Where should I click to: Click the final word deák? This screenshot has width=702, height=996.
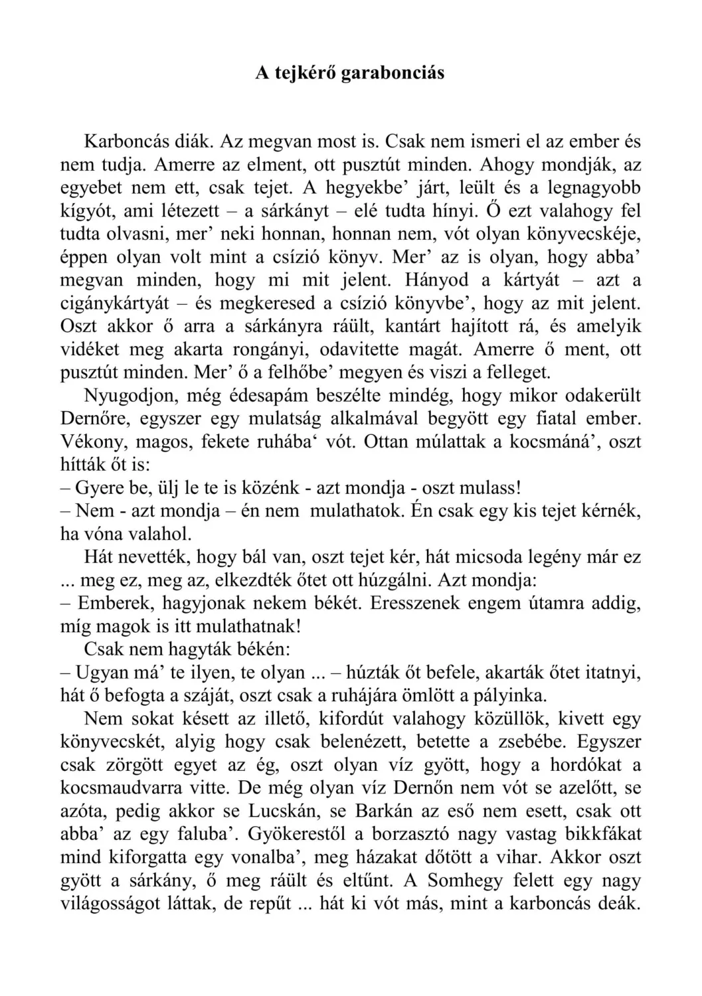tap(616, 904)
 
